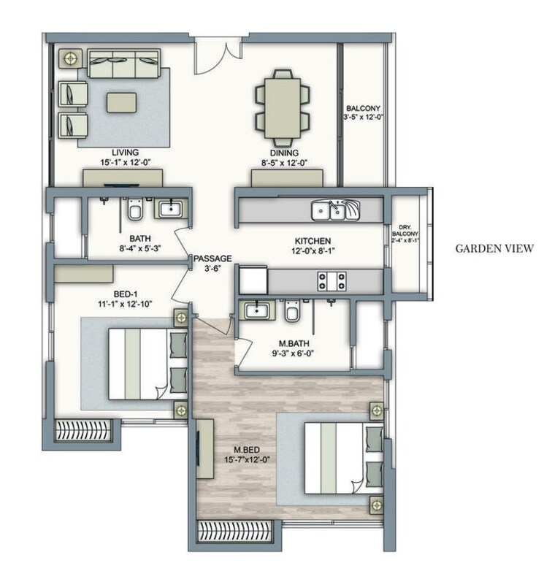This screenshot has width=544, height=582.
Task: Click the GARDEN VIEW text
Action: pos(494,248)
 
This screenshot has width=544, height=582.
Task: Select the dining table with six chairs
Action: pos(282,107)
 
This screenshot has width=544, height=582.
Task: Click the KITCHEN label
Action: pos(313,241)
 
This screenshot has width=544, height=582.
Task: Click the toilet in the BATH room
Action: pos(134,211)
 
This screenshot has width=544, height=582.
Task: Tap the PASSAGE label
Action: pos(212,259)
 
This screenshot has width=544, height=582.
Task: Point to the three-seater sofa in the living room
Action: pos(123,64)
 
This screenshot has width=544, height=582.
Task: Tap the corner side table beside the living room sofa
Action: pos(70,58)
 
